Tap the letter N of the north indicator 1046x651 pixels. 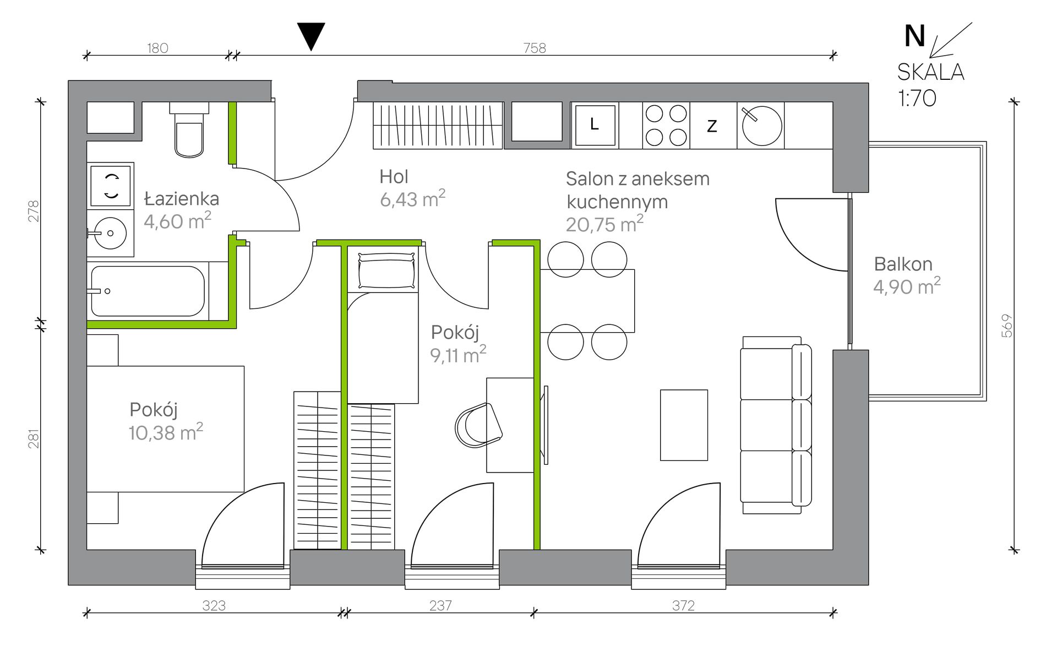click(914, 36)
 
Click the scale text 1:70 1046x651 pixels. click(917, 98)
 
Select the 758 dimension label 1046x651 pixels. click(535, 48)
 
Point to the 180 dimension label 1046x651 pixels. click(157, 48)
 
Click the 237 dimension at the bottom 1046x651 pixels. click(440, 606)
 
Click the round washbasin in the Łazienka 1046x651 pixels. click(110, 233)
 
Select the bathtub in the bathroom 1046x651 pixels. click(148, 291)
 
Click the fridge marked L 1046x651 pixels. click(595, 125)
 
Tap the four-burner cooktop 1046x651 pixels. click(666, 125)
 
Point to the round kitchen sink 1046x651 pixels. click(761, 126)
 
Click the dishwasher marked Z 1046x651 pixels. click(713, 126)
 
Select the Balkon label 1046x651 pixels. click(903, 264)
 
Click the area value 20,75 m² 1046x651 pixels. click(604, 224)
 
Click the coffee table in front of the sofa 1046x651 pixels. click(684, 425)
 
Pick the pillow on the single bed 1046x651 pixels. click(386, 270)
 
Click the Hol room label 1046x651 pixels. click(394, 177)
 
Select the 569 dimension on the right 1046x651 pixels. click(1007, 325)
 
